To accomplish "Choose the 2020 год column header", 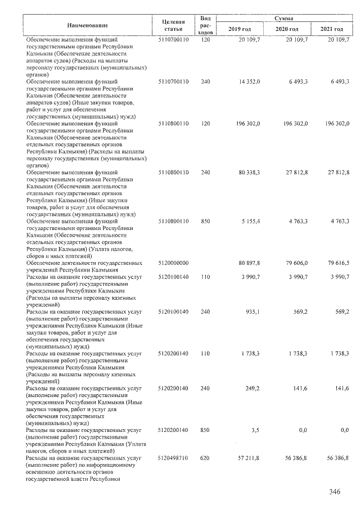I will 287,29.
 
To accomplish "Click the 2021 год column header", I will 331,29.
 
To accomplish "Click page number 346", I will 335,492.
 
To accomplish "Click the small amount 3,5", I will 256,430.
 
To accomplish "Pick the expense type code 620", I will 205,458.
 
